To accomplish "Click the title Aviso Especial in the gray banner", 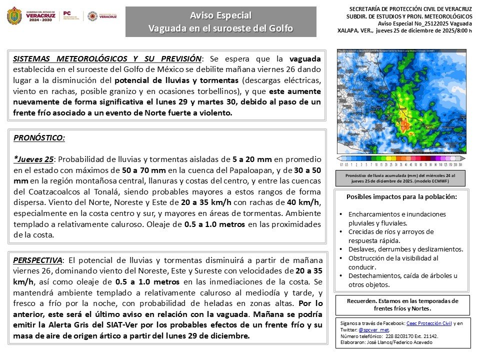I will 220,15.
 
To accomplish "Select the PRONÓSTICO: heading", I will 39,137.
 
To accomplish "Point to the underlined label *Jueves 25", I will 33,159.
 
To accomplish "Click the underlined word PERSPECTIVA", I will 38,260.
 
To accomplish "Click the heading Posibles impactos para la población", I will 402,197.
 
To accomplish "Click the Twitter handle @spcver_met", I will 374,330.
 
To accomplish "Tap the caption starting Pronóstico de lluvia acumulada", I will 401,178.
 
